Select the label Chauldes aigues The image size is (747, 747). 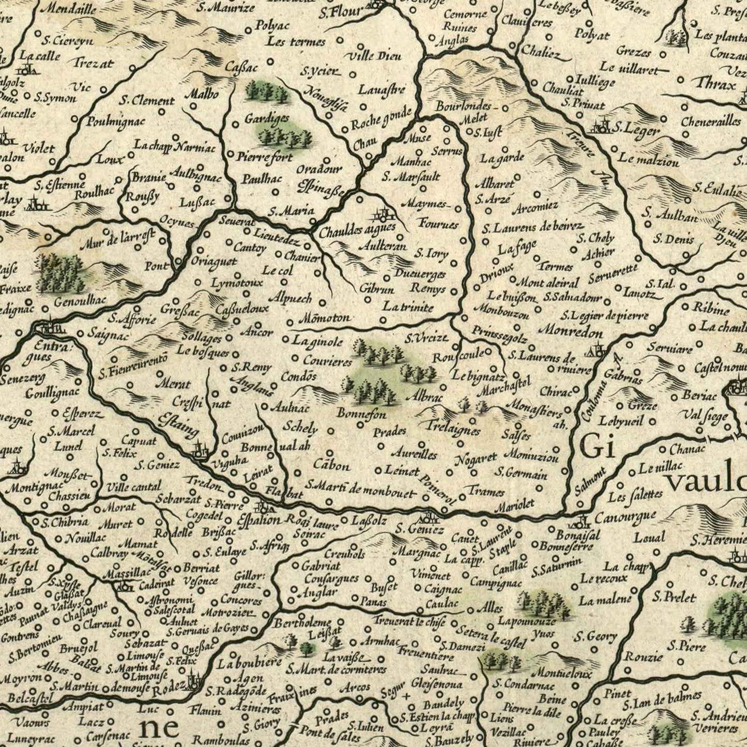(x=357, y=230)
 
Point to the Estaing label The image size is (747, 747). (x=179, y=424)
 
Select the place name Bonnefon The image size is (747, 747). (x=361, y=414)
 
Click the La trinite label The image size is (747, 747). (x=408, y=307)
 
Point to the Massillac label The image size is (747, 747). (x=126, y=573)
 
